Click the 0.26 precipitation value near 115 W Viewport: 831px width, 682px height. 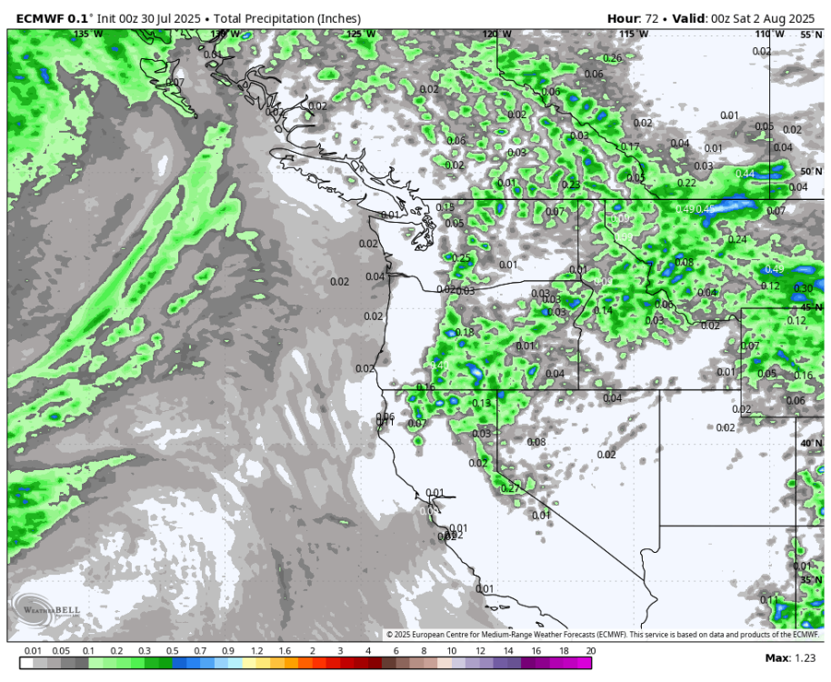point(613,58)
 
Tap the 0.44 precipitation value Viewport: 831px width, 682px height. point(745,174)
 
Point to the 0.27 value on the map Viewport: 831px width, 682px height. point(510,488)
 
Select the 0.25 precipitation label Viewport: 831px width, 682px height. point(461,258)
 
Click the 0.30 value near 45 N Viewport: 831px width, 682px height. point(803,288)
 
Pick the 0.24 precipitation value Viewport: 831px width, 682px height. point(737,239)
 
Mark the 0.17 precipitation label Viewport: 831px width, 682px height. point(630,147)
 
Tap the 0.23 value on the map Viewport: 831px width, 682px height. point(570,185)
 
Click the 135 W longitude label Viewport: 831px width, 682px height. point(87,34)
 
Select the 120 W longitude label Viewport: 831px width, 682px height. point(496,34)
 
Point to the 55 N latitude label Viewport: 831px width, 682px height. point(810,34)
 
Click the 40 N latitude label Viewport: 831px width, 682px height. point(810,443)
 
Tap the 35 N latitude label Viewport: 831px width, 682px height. point(810,579)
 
